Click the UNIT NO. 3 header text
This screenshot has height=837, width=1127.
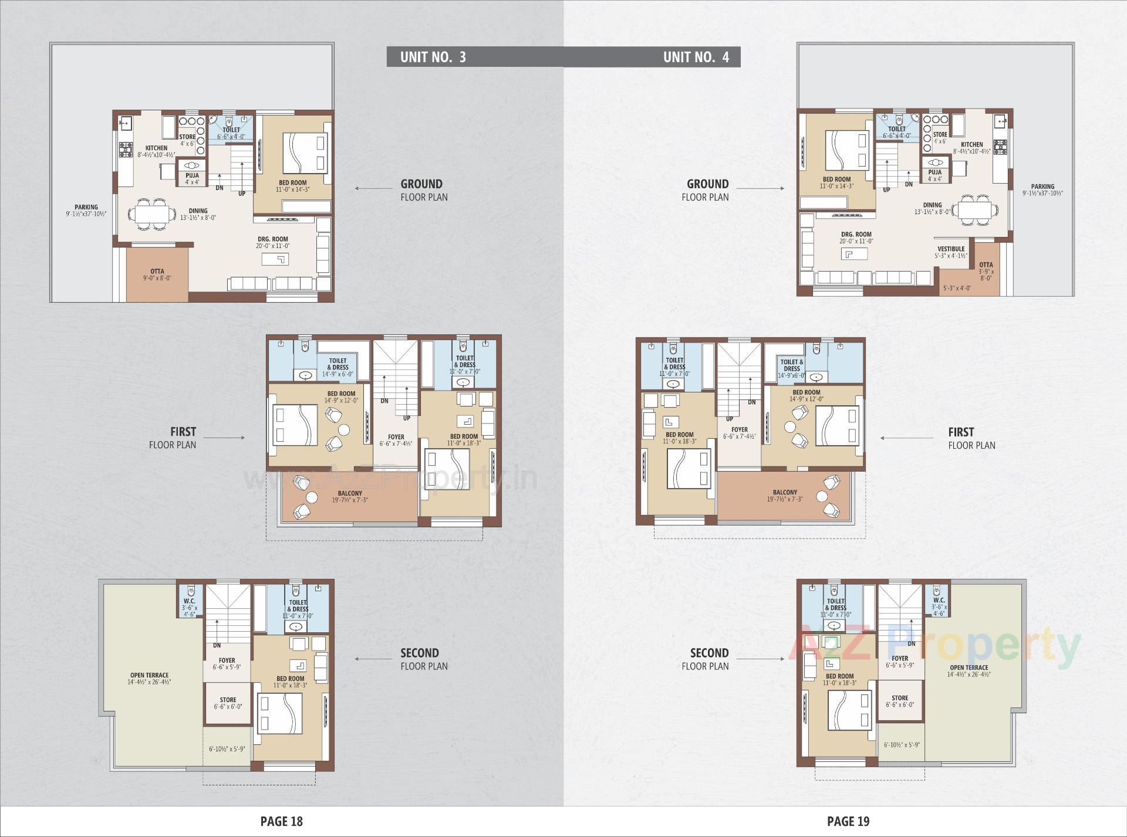tap(433, 57)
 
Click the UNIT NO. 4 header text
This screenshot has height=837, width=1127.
tap(696, 57)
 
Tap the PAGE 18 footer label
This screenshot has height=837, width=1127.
tap(281, 821)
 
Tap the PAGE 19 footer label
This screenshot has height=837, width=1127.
tap(848, 821)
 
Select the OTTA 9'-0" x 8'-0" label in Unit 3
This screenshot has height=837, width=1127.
tap(157, 275)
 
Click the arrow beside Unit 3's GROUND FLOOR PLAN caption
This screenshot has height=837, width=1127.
tap(373, 189)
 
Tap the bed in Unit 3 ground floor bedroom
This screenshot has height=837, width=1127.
tap(305, 152)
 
